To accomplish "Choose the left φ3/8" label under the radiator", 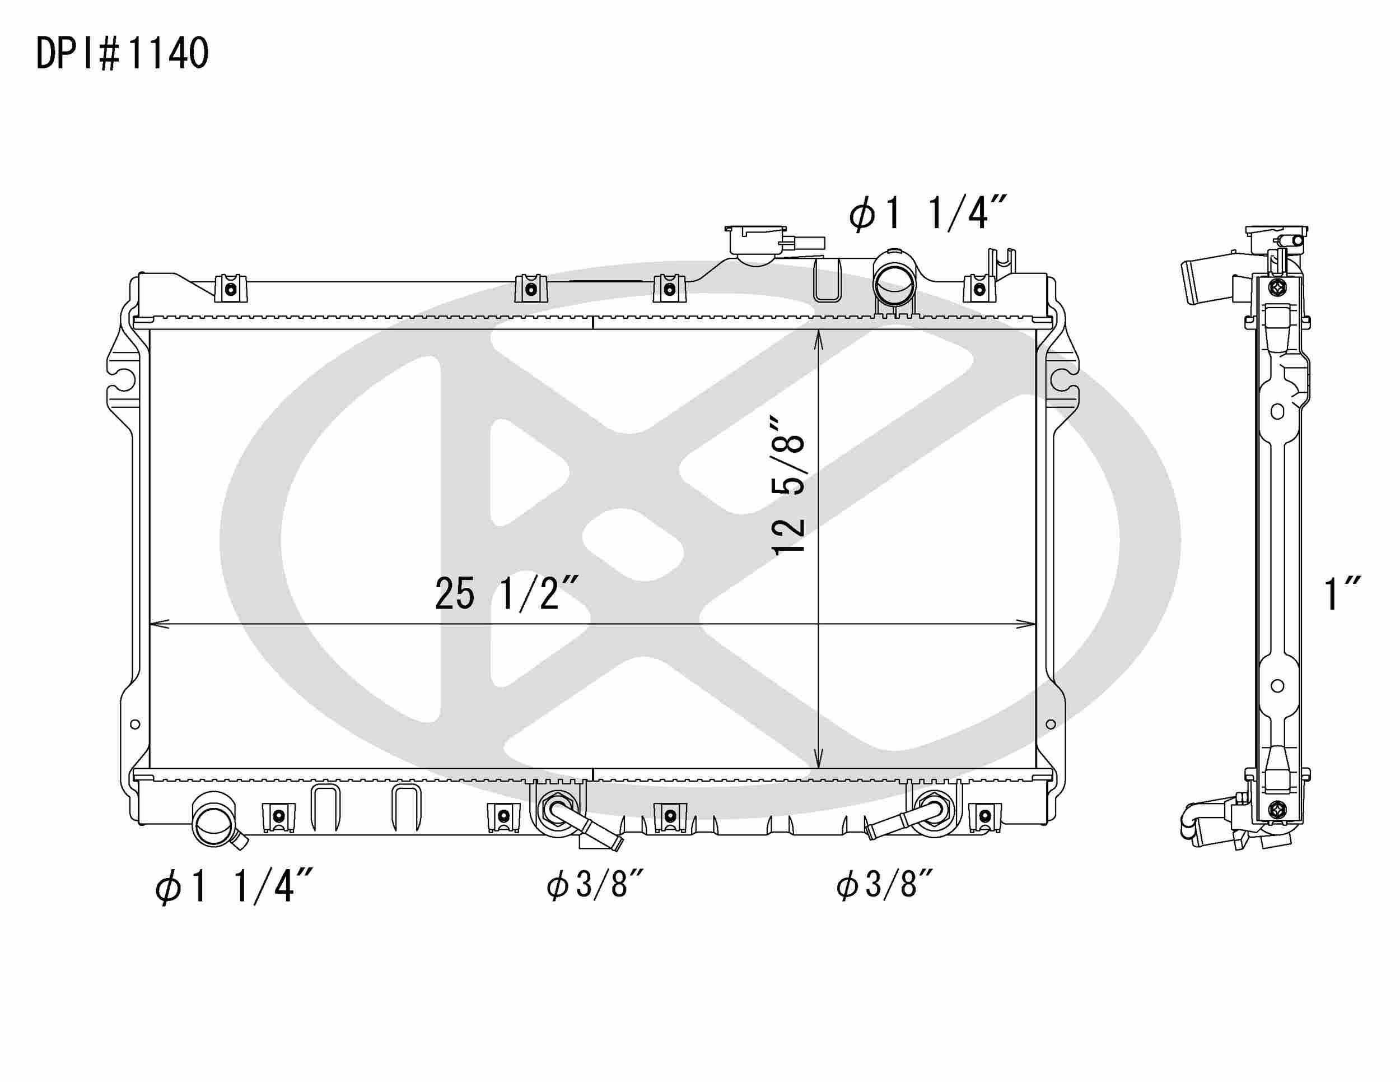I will tap(594, 886).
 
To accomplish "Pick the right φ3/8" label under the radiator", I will tap(884, 886).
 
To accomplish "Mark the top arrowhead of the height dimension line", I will tap(819, 338).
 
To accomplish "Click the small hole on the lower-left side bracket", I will tap(134, 725).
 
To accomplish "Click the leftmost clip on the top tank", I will tap(231, 289).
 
